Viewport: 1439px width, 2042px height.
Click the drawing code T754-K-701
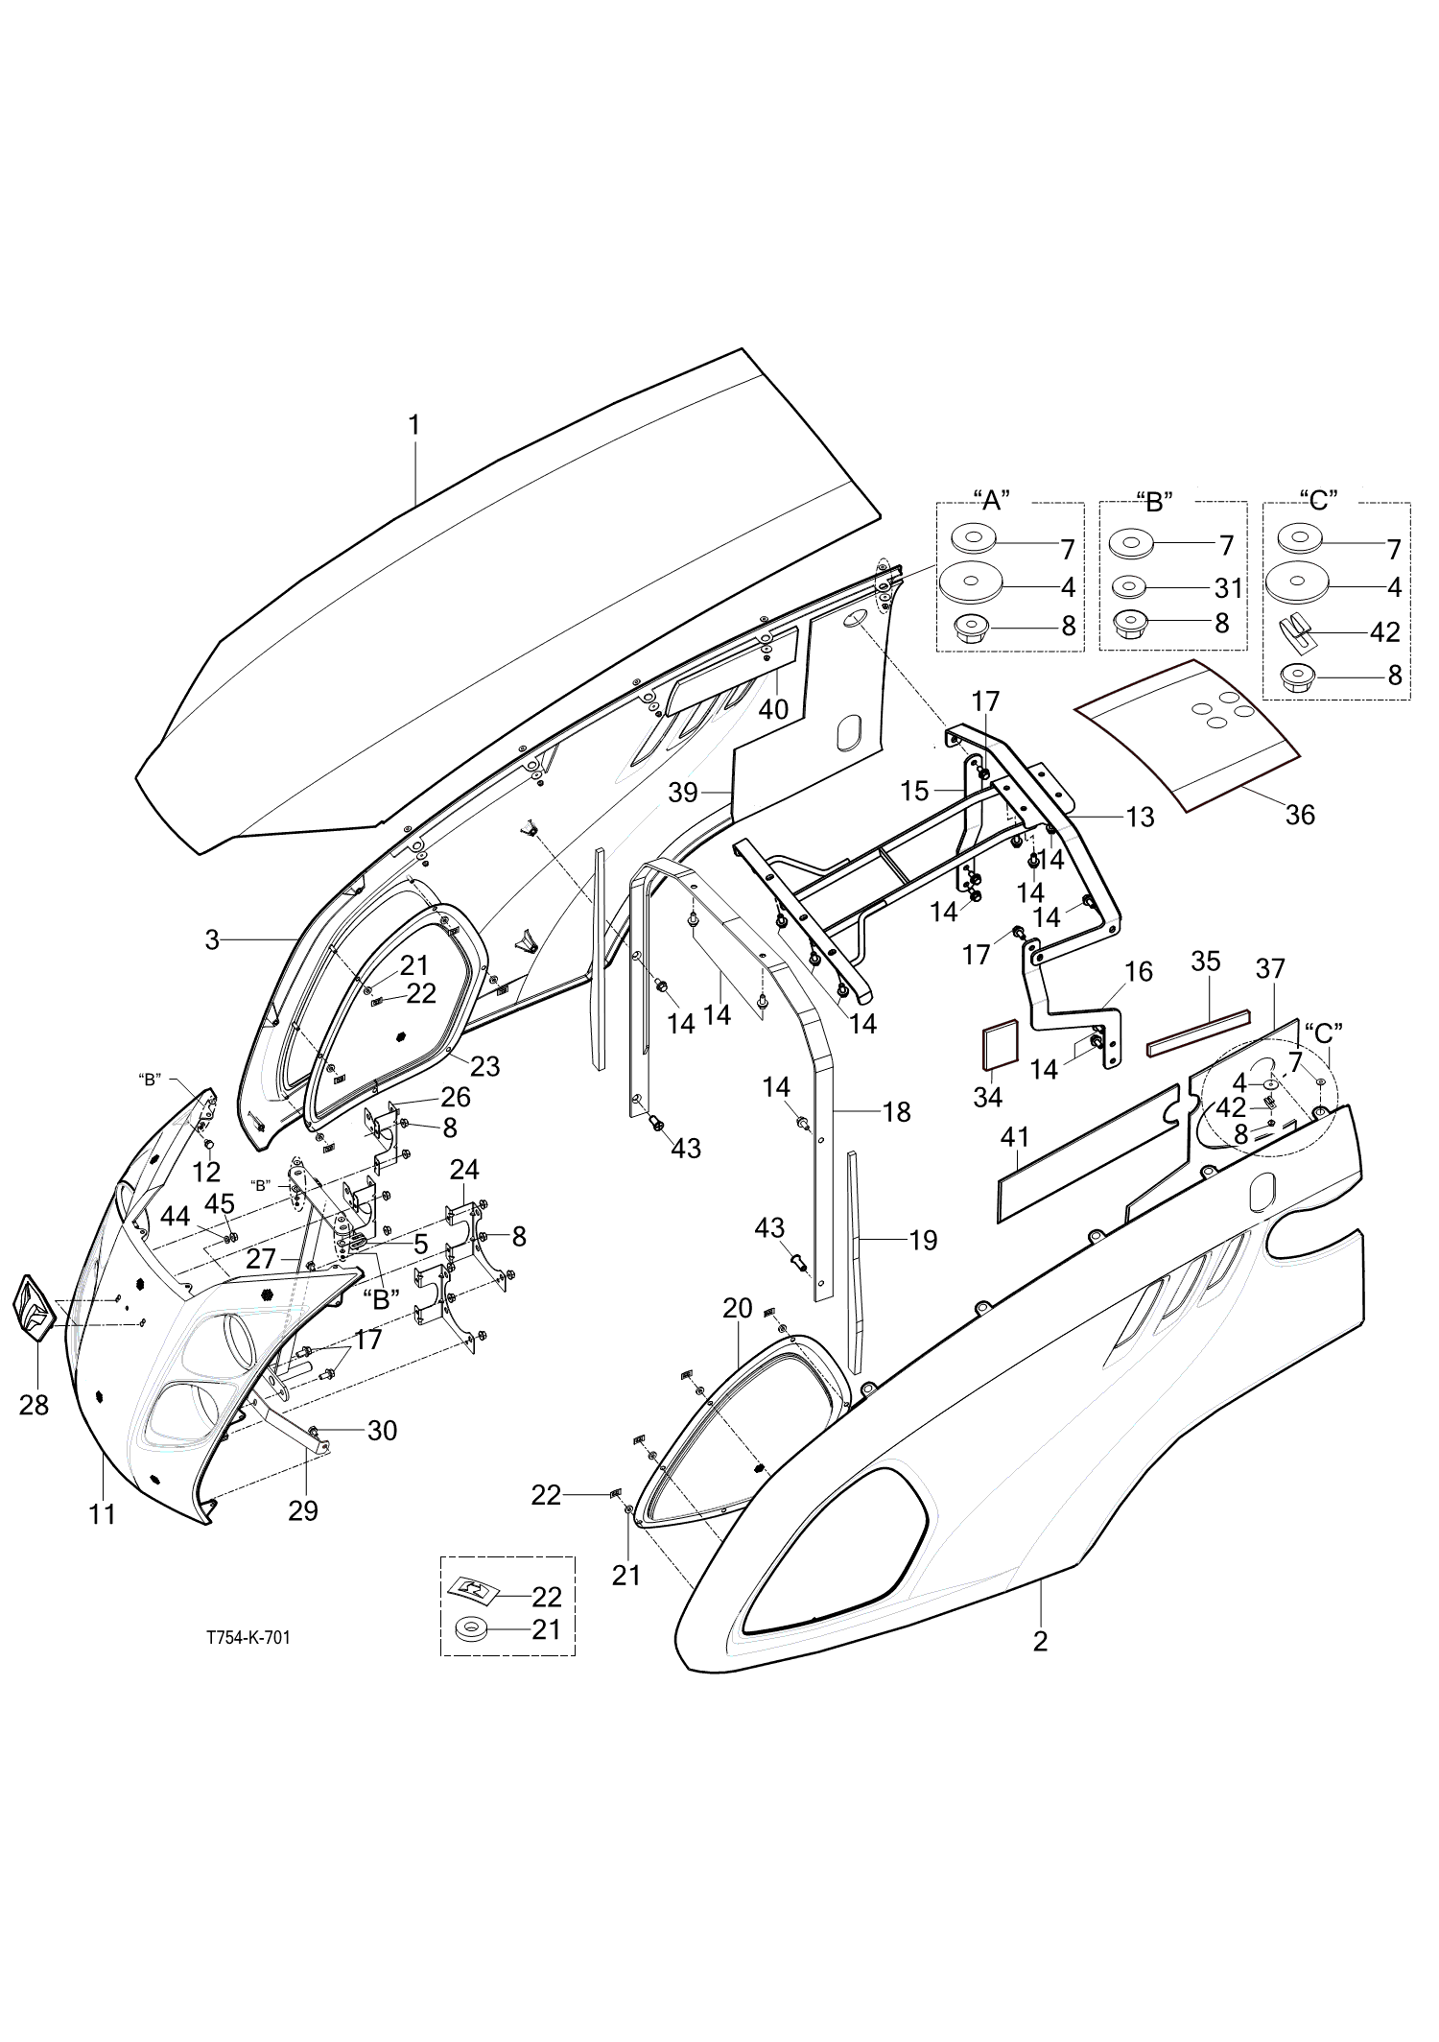click(248, 1638)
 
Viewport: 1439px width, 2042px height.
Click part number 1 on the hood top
click(414, 425)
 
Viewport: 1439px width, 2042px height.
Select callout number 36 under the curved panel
click(1300, 815)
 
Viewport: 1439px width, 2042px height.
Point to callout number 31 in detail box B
click(1229, 587)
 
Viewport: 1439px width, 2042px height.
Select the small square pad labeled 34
click(998, 1047)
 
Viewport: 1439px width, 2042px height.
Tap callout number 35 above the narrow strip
click(1206, 961)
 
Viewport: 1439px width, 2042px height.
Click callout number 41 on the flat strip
click(1015, 1138)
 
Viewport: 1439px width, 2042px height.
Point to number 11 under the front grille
click(103, 1515)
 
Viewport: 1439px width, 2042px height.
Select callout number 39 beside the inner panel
click(683, 793)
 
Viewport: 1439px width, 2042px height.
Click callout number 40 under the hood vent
click(773, 709)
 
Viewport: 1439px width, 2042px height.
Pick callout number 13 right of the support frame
click(1141, 817)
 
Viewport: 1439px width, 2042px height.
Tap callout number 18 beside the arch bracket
click(896, 1112)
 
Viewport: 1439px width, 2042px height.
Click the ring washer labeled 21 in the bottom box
click(472, 1629)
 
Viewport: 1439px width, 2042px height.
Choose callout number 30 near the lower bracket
click(383, 1431)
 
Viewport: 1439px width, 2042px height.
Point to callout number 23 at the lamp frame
click(485, 1066)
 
